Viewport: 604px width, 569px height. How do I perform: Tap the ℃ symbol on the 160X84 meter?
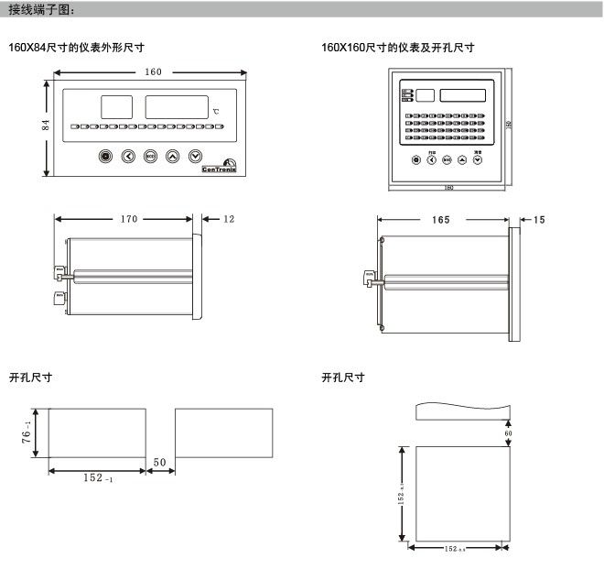coord(216,112)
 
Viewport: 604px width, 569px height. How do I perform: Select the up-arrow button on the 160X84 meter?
coord(173,156)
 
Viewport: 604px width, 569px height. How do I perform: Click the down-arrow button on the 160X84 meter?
coord(195,156)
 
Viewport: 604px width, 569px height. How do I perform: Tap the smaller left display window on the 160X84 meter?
coord(115,105)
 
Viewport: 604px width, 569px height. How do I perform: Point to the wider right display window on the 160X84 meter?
coord(175,105)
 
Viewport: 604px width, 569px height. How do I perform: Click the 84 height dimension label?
coord(45,126)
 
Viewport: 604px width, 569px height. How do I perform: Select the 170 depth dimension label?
coord(127,219)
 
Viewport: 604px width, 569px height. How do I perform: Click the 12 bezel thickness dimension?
coord(229,219)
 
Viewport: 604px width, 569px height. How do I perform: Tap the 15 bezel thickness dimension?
coord(539,220)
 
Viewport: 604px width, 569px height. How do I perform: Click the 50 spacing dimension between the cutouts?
coord(159,464)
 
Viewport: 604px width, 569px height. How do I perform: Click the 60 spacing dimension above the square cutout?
coord(509,432)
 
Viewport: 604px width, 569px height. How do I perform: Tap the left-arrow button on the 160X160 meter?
coord(432,159)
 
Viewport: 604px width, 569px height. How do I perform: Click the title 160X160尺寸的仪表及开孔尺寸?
coord(398,47)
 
